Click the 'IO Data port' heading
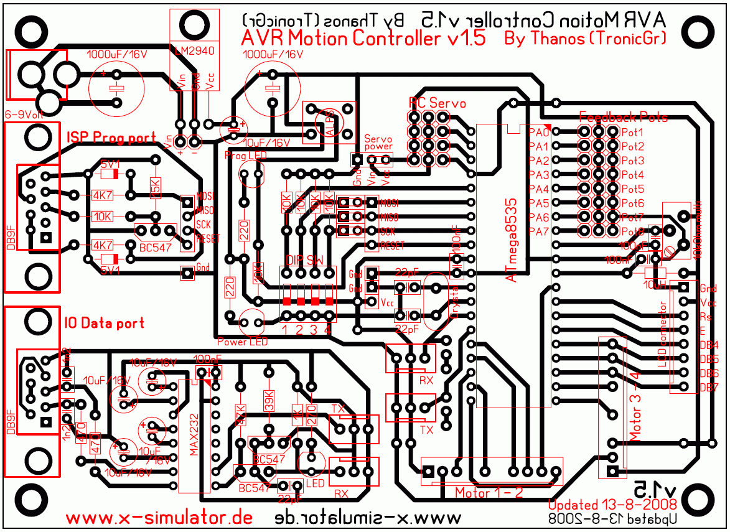[104, 323]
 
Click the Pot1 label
[632, 132]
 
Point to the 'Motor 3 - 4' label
[634, 404]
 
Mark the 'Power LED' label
[242, 342]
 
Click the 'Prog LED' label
[244, 155]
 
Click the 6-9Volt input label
[24, 115]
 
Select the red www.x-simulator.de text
[159, 518]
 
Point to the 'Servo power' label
[378, 143]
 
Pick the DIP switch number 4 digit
[328, 330]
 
